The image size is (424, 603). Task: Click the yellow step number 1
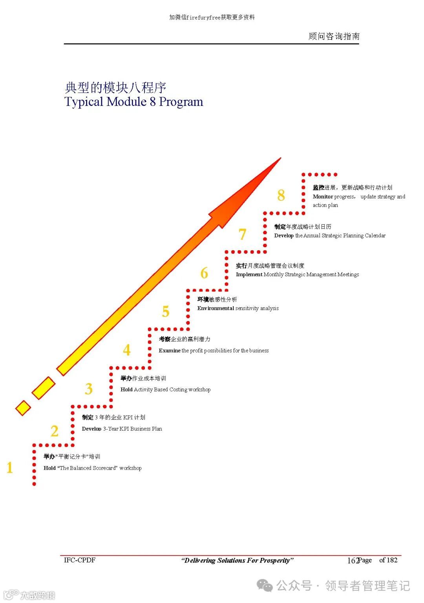(x=10, y=468)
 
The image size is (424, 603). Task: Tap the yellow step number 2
(x=55, y=431)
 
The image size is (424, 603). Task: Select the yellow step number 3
(x=89, y=389)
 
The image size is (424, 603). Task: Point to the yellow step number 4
(x=127, y=350)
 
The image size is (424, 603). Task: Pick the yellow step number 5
(x=166, y=312)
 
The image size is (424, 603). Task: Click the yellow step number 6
(x=204, y=273)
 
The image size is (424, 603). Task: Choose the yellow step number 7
(x=243, y=235)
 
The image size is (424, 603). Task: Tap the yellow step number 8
(x=281, y=195)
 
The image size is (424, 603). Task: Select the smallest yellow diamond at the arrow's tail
(x=23, y=408)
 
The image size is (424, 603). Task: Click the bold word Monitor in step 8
(x=323, y=197)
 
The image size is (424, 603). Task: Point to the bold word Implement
(x=249, y=275)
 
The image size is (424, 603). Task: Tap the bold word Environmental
(x=216, y=308)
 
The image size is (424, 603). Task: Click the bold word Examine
(x=170, y=351)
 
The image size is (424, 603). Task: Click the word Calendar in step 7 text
(x=375, y=236)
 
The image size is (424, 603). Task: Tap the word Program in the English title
(x=181, y=102)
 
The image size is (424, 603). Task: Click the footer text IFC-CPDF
(x=80, y=560)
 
